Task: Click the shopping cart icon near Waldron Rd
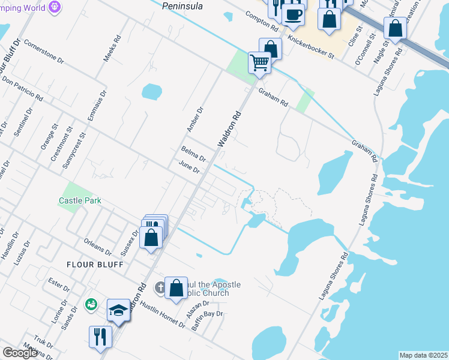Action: point(259,62)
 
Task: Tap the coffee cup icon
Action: point(293,14)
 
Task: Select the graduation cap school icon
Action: point(119,311)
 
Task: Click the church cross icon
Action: point(160,287)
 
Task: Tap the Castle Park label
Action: point(80,201)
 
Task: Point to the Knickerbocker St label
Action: point(311,46)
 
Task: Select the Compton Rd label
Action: point(263,21)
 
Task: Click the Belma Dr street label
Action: point(193,154)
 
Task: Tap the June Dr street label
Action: point(188,167)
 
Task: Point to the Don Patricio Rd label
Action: point(22,88)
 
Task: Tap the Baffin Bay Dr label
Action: point(207,321)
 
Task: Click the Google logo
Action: point(20,353)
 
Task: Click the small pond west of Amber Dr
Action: point(151,92)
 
